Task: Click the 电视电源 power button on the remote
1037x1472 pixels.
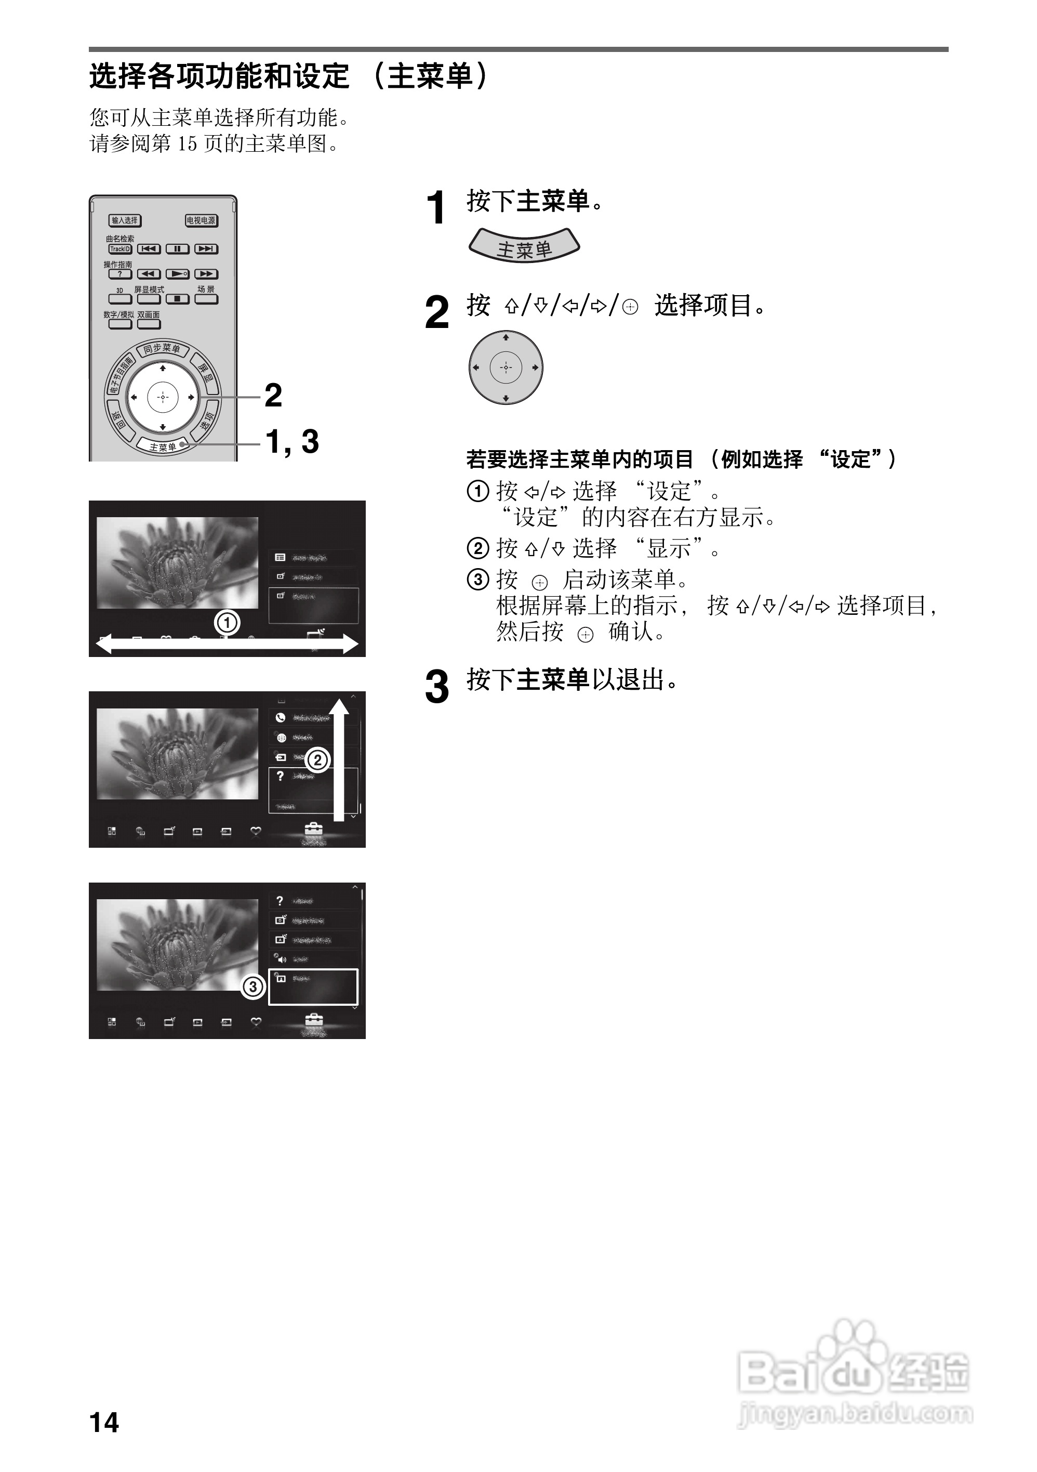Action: pos(201,220)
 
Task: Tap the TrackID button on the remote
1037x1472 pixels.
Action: pos(120,249)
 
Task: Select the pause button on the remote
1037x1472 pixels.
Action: pos(178,249)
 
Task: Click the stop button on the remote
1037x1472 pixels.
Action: pos(178,299)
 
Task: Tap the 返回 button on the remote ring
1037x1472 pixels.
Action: pos(118,420)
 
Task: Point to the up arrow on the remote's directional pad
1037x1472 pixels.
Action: pos(163,369)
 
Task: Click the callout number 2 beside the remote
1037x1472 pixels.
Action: pos(273,395)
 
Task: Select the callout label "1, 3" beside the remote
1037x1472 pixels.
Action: pos(293,442)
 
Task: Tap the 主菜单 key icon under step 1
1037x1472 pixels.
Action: pos(524,247)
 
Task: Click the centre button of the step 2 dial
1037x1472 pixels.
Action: pos(506,367)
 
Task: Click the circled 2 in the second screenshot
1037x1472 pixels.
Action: pos(317,760)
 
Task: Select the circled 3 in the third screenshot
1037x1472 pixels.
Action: pos(253,987)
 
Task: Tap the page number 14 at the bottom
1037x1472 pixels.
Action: pos(104,1423)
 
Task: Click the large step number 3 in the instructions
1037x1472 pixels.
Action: pos(437,687)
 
